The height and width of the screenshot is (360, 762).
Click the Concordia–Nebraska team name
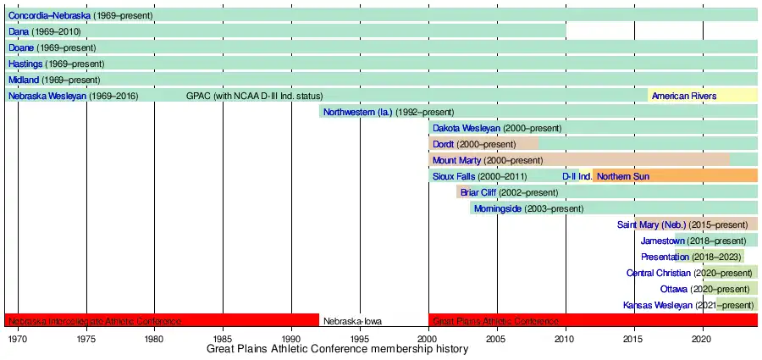(x=48, y=15)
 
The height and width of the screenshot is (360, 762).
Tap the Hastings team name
(x=25, y=64)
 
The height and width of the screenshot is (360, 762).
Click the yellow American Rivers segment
(x=684, y=96)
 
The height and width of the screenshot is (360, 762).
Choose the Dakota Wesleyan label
(x=466, y=128)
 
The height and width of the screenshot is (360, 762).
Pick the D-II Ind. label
(x=577, y=176)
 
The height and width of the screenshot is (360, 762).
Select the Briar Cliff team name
(x=478, y=192)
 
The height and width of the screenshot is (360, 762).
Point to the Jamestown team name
(x=663, y=241)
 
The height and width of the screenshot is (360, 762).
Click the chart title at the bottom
(x=337, y=350)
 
